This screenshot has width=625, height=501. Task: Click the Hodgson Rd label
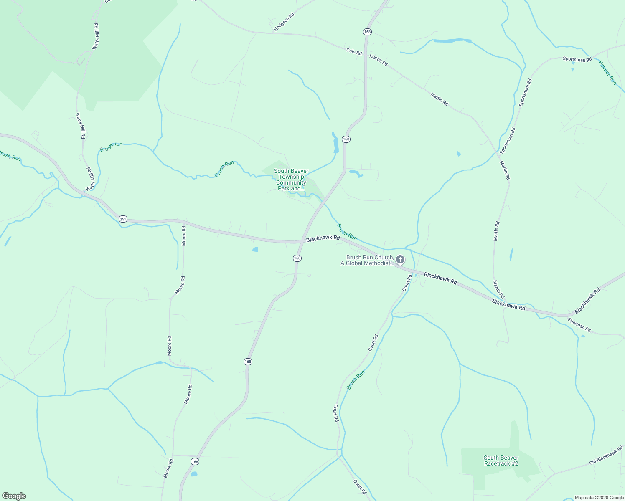(x=284, y=22)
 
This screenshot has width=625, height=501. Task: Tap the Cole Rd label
(x=354, y=51)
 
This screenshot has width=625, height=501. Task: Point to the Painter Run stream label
(x=607, y=73)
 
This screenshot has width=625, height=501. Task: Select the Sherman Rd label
(x=579, y=325)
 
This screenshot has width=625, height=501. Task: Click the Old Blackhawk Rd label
(x=606, y=455)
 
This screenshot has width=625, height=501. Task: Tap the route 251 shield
(x=122, y=219)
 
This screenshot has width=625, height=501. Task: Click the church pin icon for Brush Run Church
(x=400, y=260)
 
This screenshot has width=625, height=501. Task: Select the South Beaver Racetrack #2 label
(x=501, y=461)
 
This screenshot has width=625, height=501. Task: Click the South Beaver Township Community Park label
(x=291, y=180)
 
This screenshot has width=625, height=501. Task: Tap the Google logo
(x=14, y=496)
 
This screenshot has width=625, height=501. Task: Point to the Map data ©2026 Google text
(x=599, y=498)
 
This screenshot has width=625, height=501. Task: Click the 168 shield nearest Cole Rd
(x=367, y=32)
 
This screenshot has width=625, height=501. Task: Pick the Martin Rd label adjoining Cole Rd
(x=379, y=60)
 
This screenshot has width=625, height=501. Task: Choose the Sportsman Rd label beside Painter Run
(x=577, y=59)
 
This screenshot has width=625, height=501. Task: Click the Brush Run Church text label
(x=369, y=261)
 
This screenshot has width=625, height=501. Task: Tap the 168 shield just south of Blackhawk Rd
(x=297, y=258)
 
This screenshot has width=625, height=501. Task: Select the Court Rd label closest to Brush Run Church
(x=407, y=283)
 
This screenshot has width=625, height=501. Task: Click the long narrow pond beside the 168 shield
(x=335, y=143)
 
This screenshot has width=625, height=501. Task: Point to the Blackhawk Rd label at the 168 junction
(x=323, y=238)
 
